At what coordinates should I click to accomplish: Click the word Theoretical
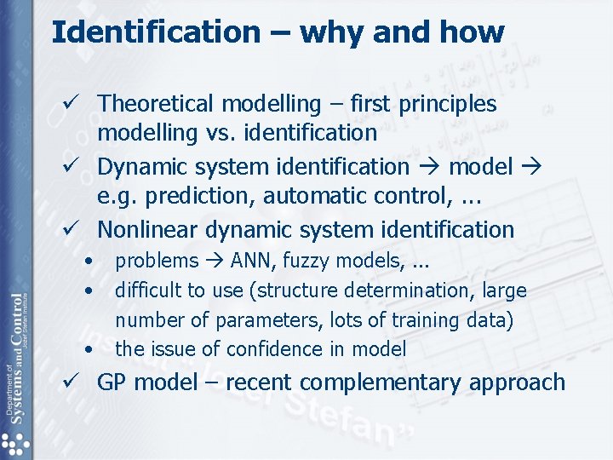(x=156, y=104)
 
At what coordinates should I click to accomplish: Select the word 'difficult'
(x=144, y=290)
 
